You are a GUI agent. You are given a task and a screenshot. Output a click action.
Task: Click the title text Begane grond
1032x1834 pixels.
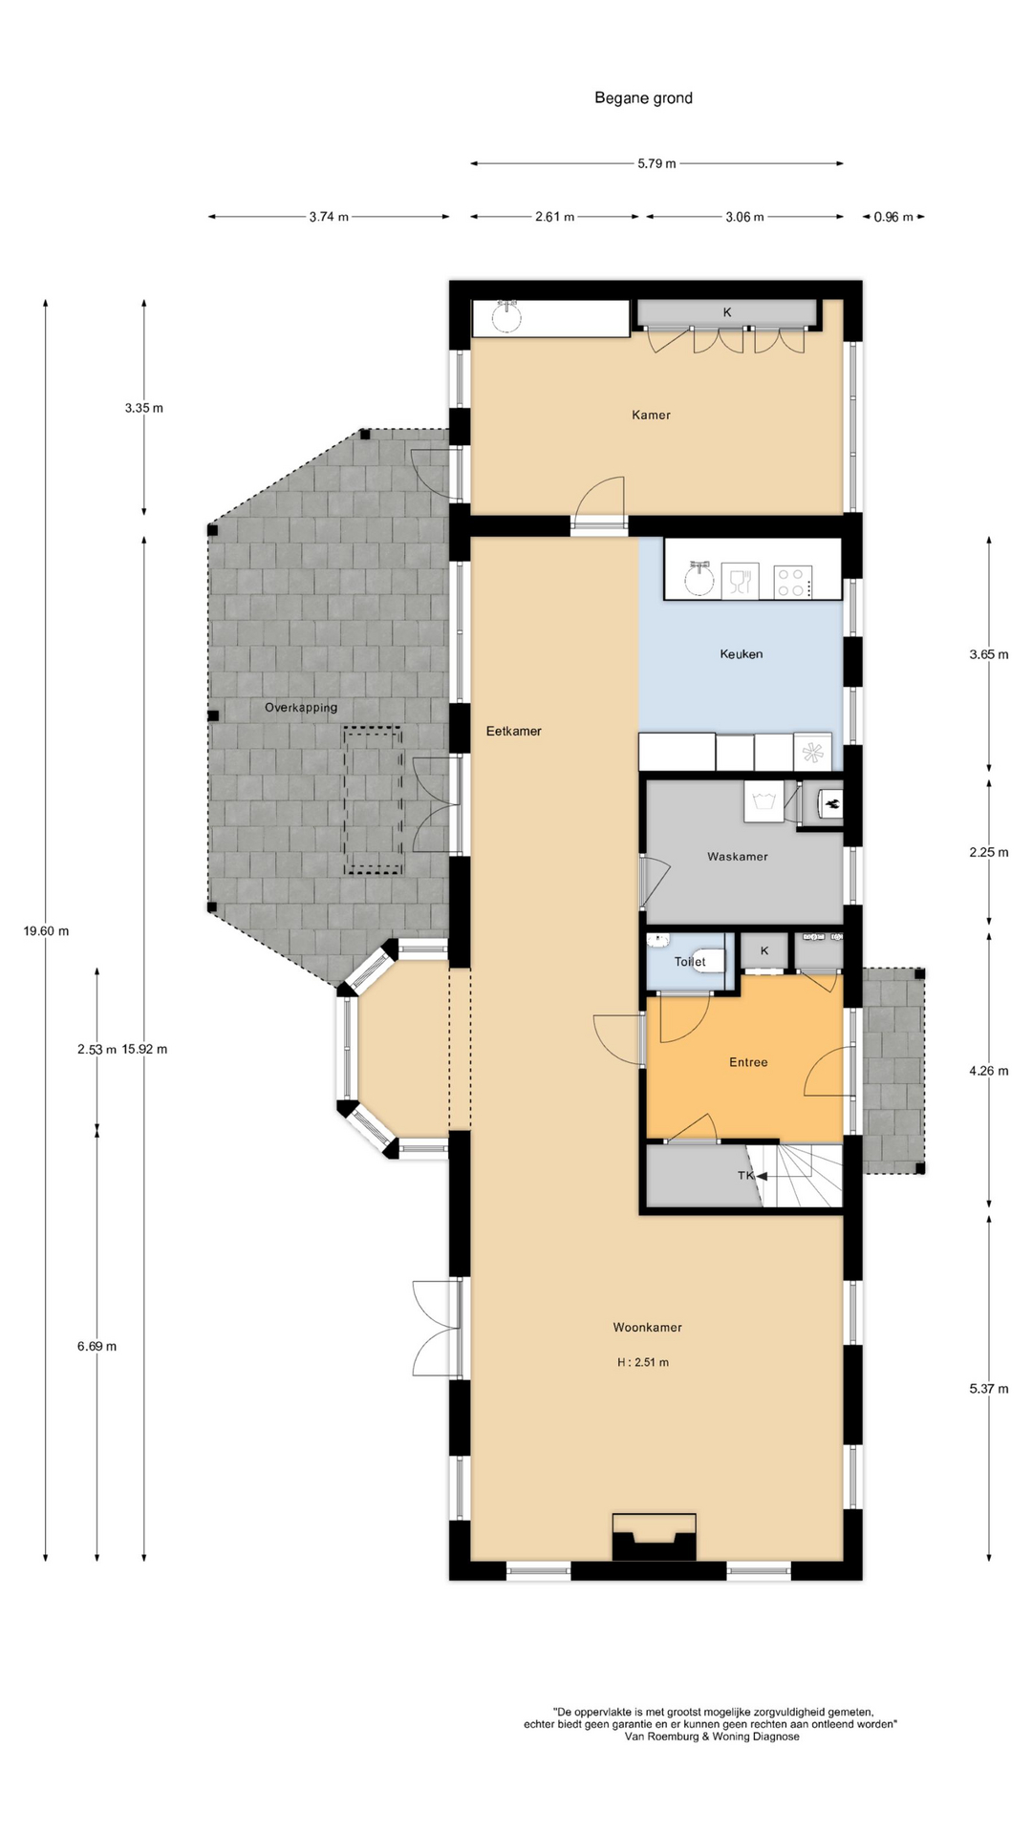coord(643,97)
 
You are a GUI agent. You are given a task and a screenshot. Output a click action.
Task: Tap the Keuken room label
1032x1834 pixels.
coord(741,654)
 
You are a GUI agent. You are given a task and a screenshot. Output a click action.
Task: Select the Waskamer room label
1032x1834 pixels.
coord(737,857)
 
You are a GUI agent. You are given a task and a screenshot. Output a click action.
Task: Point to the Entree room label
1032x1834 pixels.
coord(748,1062)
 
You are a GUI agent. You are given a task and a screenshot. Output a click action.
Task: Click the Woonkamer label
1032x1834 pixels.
coord(647,1328)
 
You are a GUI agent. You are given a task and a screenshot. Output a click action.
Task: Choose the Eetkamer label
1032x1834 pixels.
coord(513,731)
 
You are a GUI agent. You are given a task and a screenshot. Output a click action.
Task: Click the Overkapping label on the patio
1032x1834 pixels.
coord(301,708)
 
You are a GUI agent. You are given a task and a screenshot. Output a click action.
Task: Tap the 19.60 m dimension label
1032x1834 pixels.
coord(46,931)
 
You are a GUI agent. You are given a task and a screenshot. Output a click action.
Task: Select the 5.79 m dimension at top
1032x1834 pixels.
coord(656,163)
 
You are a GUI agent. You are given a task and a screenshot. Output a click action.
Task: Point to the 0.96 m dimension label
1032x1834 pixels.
coord(893,217)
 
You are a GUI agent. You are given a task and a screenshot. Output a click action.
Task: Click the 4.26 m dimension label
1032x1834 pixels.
coord(988,1071)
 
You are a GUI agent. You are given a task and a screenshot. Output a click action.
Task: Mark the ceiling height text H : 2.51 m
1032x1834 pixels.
coord(642,1362)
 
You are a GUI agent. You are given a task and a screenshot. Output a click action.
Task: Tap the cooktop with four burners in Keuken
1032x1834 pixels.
coord(792,582)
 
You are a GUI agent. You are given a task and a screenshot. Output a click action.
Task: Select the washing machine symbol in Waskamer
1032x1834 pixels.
coord(763,800)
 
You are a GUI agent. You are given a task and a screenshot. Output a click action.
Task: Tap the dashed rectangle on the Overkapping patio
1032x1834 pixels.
coord(373,800)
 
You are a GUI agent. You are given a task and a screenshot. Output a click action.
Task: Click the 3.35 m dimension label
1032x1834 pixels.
coord(143,408)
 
